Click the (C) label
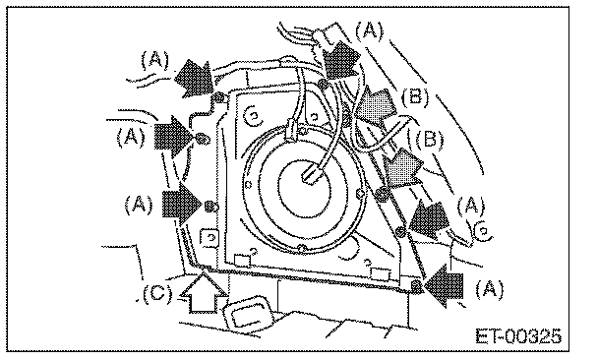coord(157,294)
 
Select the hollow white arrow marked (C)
coord(204,292)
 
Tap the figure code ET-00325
coord(518,336)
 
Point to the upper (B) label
coord(415,97)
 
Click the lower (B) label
coord(430,140)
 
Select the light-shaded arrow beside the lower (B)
coord(402,167)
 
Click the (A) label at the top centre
coord(369,30)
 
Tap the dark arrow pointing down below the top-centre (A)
coord(341,60)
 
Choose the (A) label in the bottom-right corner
coord(490,289)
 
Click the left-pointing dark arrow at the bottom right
coord(444,286)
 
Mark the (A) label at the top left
coord(154,60)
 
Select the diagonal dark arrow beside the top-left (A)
coord(194,78)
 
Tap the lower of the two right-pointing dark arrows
coord(182,204)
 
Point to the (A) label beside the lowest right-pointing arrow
coord(139,205)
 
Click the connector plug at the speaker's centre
coord(311,175)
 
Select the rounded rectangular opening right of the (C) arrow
coord(249,312)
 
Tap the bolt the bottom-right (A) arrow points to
coord(417,286)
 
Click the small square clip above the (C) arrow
coord(209,238)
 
